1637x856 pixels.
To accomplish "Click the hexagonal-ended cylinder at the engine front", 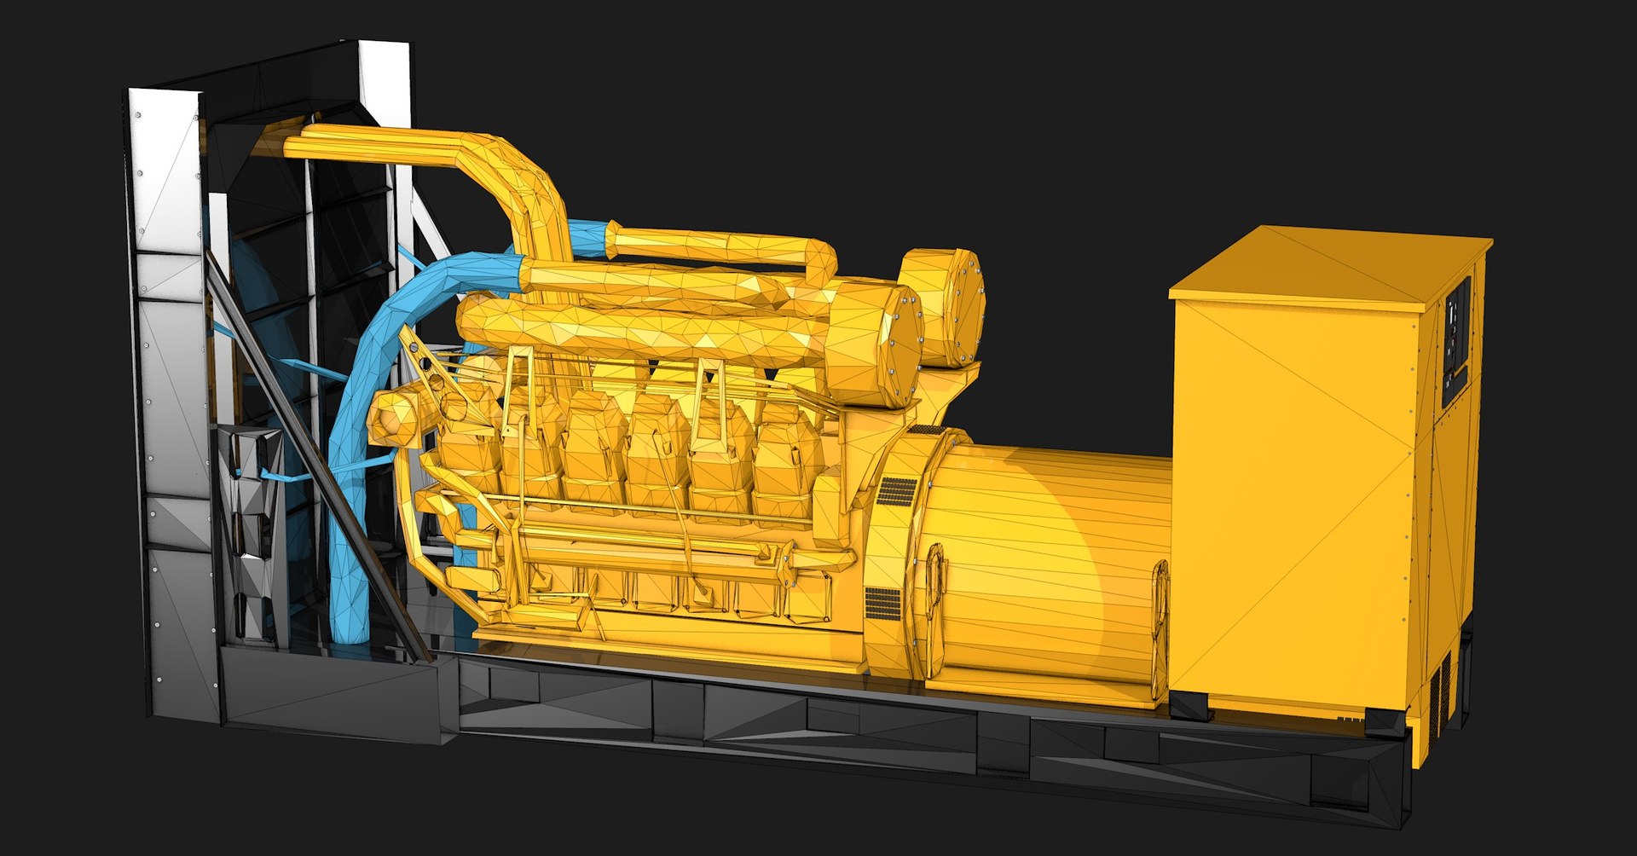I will pyautogui.click(x=396, y=418).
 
